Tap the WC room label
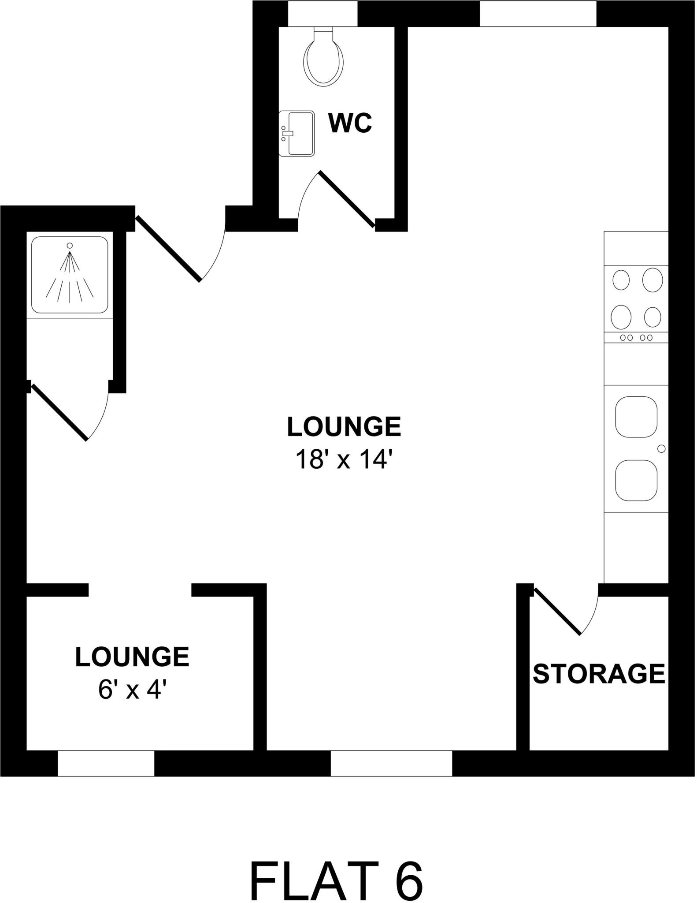350,123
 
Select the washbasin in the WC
297,133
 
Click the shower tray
70,275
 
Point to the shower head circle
69,245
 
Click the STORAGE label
599,673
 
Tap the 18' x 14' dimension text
344,459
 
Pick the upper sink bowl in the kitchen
636,417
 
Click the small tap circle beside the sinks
661,449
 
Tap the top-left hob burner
621,280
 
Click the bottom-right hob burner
653,317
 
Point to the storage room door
557,611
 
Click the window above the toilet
323,13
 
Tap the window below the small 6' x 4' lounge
106,763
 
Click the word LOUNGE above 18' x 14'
344,427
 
